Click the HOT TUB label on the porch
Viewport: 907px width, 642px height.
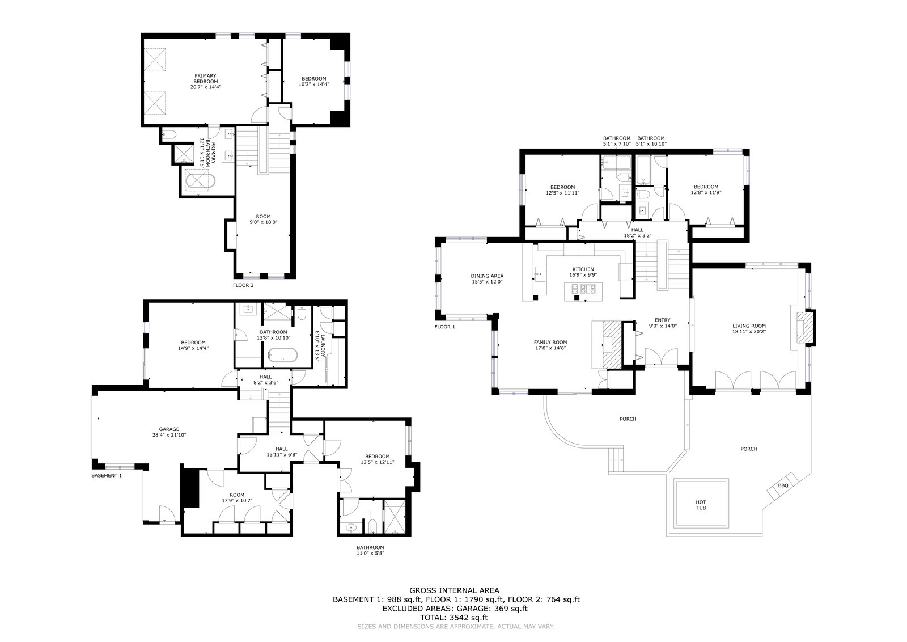(701, 505)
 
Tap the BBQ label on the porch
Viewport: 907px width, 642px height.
(783, 485)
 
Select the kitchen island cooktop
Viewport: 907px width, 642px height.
(583, 289)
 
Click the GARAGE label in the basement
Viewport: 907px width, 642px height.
(169, 429)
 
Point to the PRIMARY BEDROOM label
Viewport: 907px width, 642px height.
(205, 79)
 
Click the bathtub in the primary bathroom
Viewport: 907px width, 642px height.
(200, 181)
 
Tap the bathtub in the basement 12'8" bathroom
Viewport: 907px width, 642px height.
(283, 356)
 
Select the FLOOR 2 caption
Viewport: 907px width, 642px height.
(243, 285)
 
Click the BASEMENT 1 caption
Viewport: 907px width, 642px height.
(107, 475)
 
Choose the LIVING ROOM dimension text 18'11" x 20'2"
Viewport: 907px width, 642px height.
(749, 331)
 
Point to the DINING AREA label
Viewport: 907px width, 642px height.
(487, 276)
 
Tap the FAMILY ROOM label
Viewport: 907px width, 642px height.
(550, 342)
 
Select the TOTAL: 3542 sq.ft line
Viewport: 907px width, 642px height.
(454, 618)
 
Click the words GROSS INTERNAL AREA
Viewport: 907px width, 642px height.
(454, 590)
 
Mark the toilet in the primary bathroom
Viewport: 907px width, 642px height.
(170, 134)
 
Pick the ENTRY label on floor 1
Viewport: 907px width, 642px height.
(663, 320)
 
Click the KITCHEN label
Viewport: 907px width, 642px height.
(583, 269)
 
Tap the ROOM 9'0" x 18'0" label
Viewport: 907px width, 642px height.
(263, 219)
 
